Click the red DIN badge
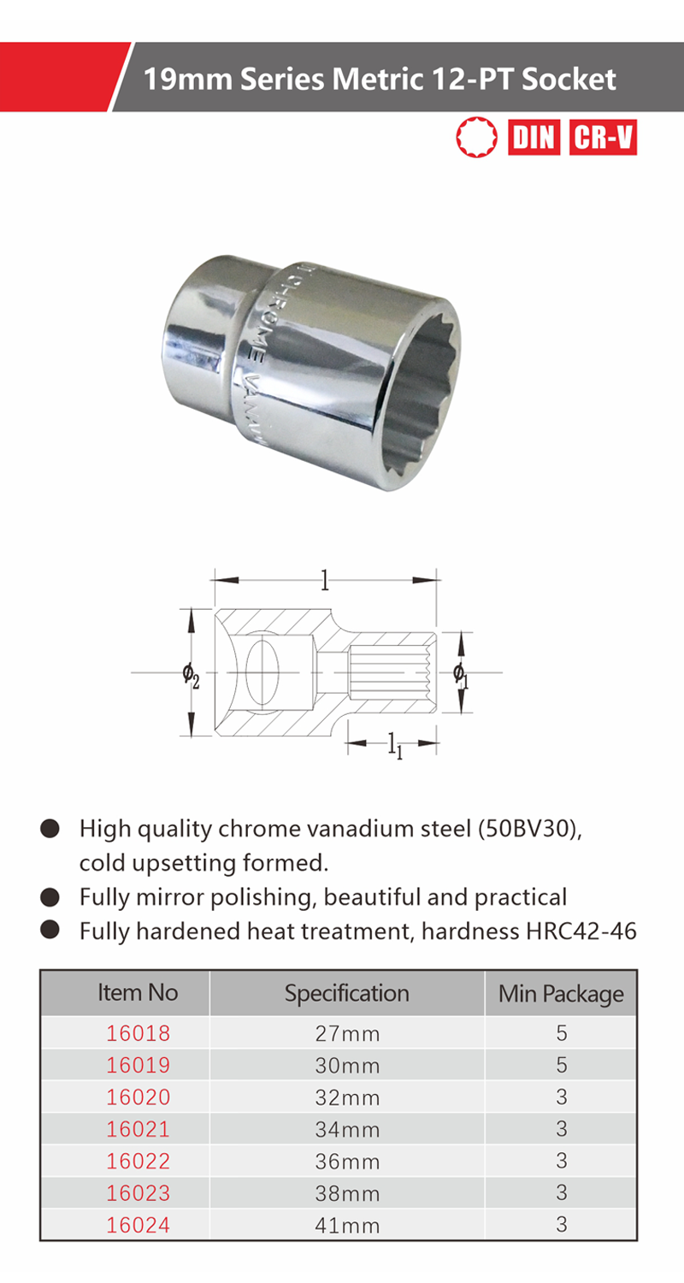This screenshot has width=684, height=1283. (x=534, y=138)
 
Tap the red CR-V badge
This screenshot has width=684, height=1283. (x=603, y=138)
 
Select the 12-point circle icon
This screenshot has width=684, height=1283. (x=477, y=138)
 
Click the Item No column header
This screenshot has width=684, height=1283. (x=138, y=992)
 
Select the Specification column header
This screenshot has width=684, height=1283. (x=347, y=993)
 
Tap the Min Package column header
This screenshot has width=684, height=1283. (x=561, y=994)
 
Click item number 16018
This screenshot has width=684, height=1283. (x=138, y=1033)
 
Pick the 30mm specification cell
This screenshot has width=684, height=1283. (x=347, y=1066)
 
